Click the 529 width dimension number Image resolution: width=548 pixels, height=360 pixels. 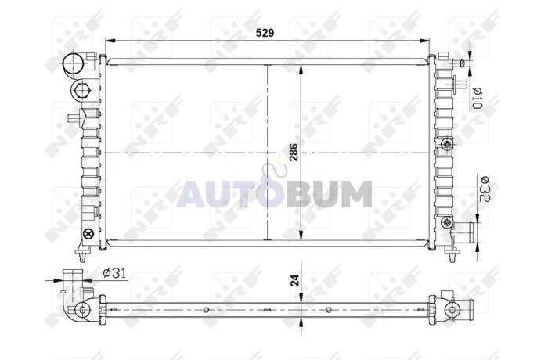[x=265, y=33]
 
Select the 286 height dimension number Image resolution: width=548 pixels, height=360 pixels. [x=294, y=152]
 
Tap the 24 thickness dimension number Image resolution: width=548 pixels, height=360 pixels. [x=295, y=280]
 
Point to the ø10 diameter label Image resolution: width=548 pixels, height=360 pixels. [x=478, y=98]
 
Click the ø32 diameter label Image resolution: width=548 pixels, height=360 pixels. [x=485, y=189]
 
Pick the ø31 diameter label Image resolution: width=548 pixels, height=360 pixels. [x=114, y=273]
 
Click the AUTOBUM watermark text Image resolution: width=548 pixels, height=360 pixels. [x=274, y=193]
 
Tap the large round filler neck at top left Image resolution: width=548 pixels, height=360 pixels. [x=72, y=63]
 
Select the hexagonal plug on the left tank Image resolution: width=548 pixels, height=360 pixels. [x=81, y=90]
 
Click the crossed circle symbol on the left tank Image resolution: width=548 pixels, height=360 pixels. [x=88, y=234]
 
